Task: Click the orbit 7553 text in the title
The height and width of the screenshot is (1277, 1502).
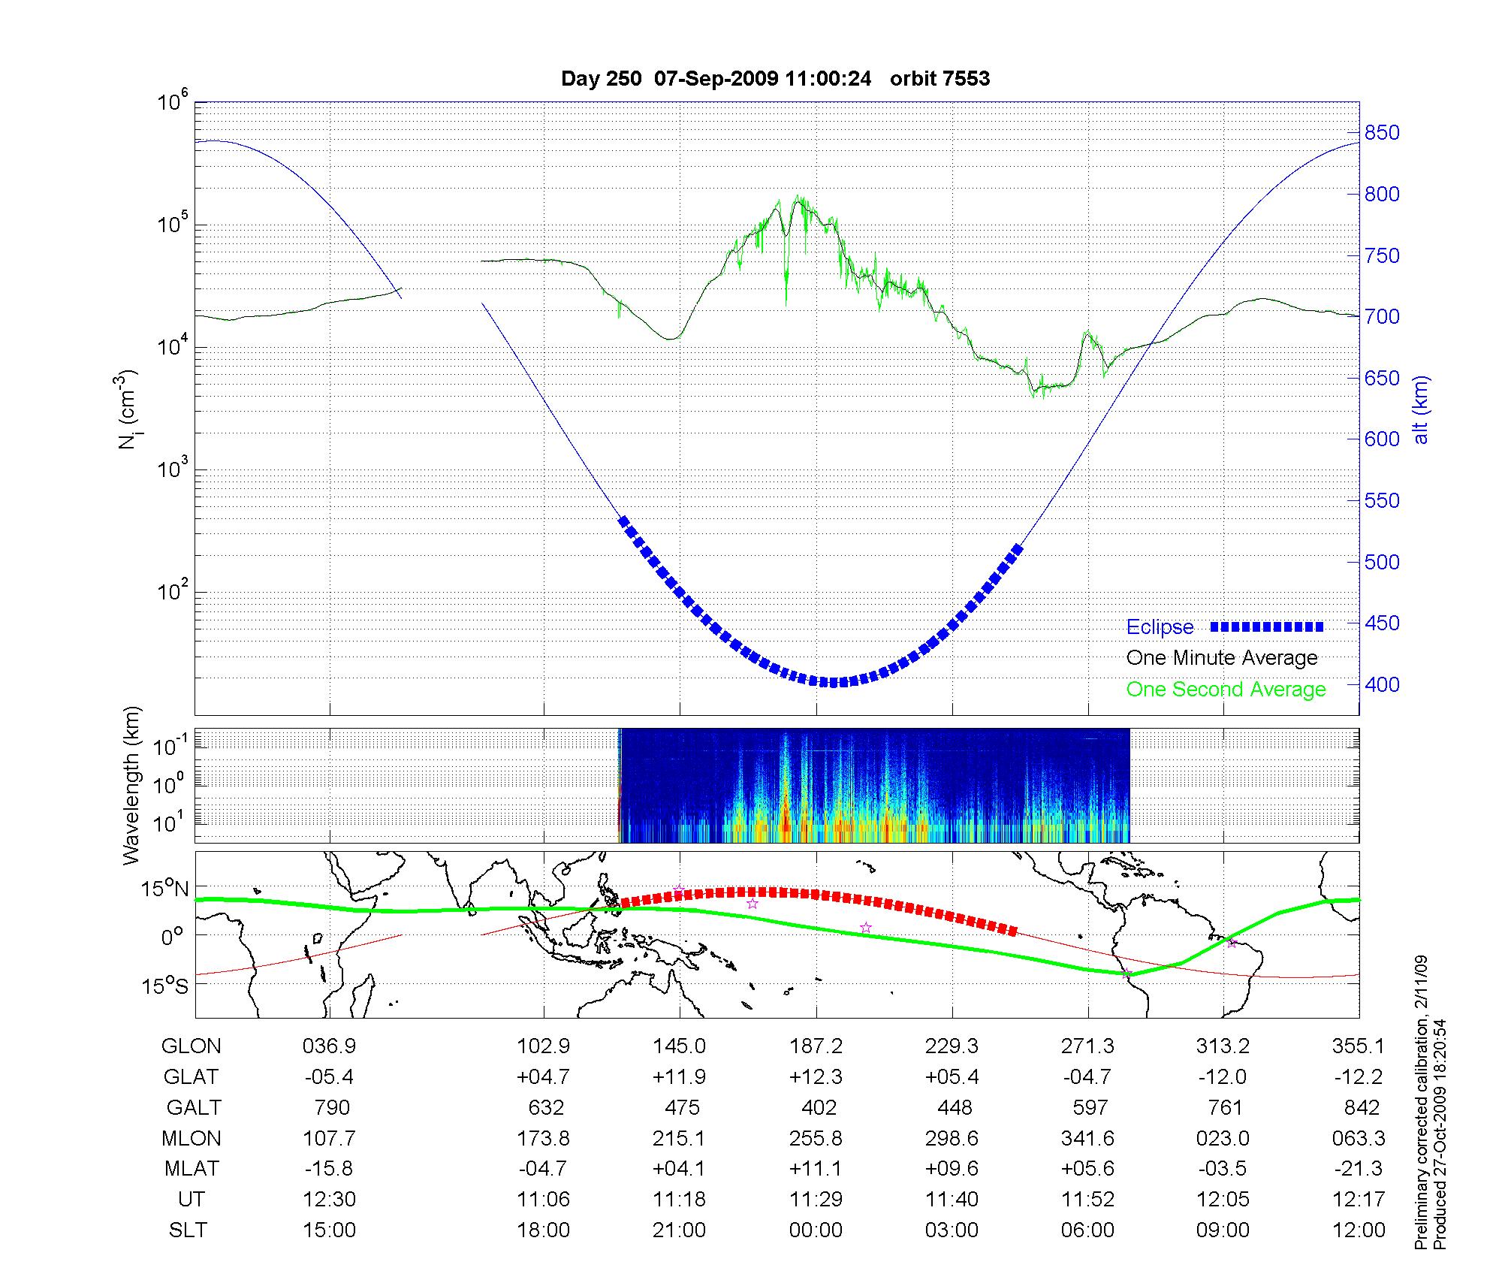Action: pos(940,78)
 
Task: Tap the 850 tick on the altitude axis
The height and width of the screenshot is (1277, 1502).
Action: pos(1383,133)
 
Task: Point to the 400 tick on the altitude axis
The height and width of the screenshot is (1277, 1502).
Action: pos(1383,684)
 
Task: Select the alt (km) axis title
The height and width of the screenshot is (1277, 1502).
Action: pos(1420,409)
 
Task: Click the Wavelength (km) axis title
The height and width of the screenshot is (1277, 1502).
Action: pos(132,785)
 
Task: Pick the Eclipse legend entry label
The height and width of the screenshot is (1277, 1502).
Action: pos(1160,627)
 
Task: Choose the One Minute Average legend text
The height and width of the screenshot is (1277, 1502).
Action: pos(1222,658)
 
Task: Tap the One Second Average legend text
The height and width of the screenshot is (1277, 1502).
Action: pos(1226,689)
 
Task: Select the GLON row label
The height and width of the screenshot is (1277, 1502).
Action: pos(192,1046)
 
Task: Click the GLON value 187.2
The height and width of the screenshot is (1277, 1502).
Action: pos(816,1046)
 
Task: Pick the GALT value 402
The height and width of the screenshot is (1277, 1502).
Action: pos(819,1107)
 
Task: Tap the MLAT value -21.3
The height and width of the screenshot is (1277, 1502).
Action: pos(1359,1169)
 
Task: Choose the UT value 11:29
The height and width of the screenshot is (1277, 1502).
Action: pos(816,1200)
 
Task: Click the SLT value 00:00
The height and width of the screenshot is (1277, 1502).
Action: pos(816,1230)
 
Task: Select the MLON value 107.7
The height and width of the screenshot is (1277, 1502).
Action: pos(329,1138)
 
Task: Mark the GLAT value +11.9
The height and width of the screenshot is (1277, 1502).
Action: pos(679,1076)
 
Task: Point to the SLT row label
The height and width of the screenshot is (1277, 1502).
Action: pos(188,1230)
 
